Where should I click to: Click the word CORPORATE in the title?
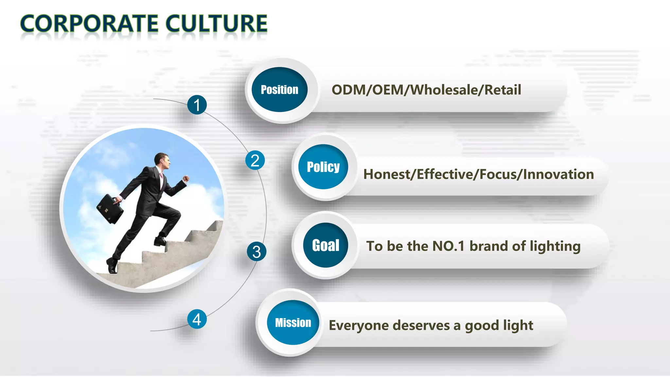[x=88, y=24]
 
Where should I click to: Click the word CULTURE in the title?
[x=216, y=24]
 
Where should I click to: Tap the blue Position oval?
[x=279, y=90]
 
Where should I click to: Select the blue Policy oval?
[x=323, y=167]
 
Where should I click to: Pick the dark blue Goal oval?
[x=326, y=245]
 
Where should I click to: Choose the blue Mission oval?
[x=293, y=323]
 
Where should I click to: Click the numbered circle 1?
[x=197, y=105]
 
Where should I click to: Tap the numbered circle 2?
[x=255, y=160]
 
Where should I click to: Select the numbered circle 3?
[x=256, y=252]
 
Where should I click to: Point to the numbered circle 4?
[x=197, y=319]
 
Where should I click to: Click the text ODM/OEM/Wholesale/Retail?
[x=426, y=90]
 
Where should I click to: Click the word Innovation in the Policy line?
[x=558, y=174]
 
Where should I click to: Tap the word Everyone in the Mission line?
[x=359, y=325]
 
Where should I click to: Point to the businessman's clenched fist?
[x=186, y=179]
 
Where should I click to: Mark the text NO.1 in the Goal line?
[x=449, y=246]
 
